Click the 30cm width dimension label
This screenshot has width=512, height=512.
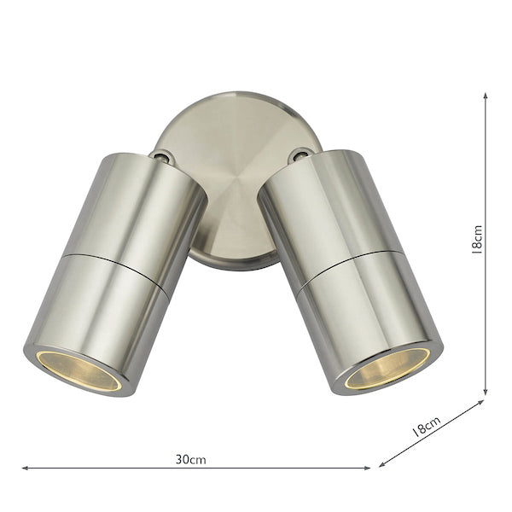[191, 459]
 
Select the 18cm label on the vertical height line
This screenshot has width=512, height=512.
[477, 239]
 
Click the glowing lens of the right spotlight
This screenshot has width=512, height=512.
[387, 368]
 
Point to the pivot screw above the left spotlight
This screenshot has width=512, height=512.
[160, 156]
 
